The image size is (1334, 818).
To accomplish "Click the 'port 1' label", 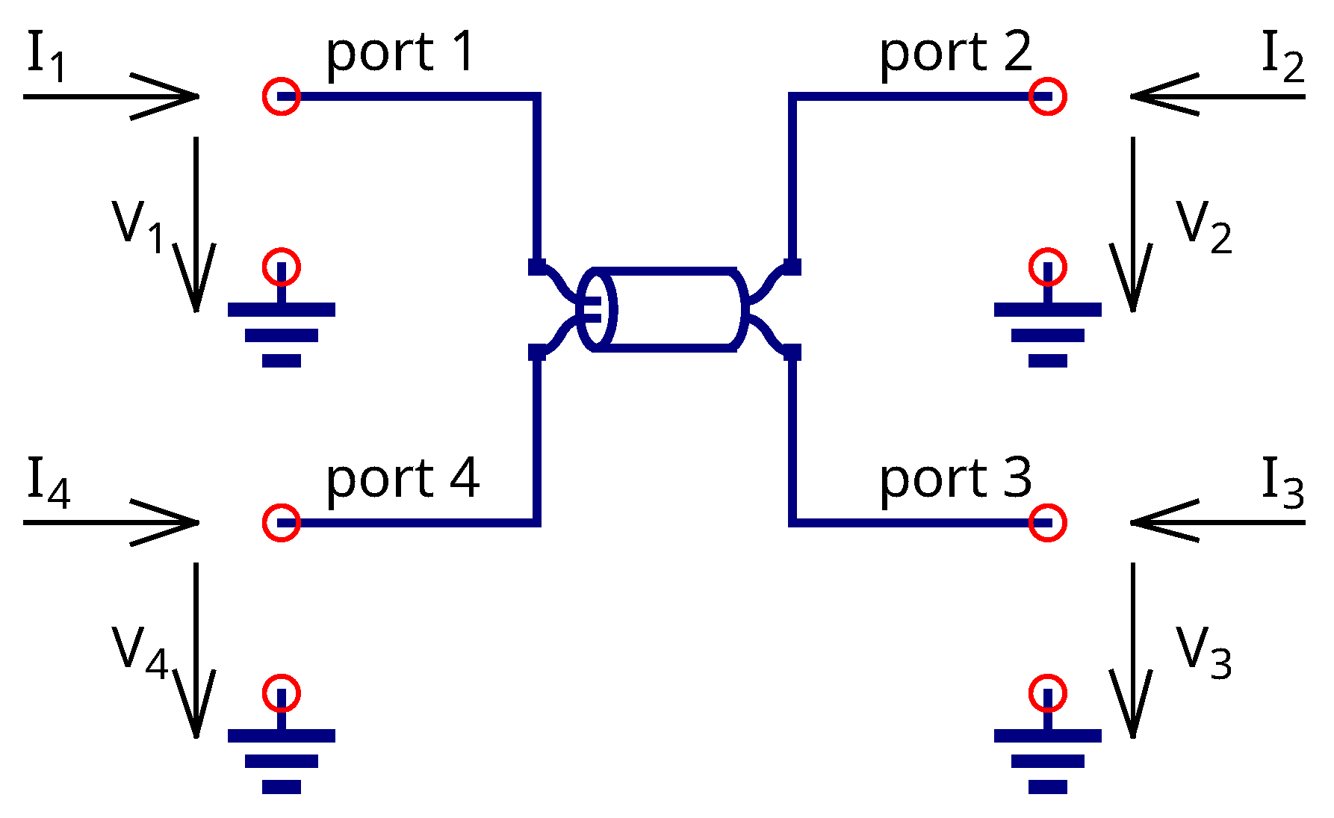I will coord(400,54).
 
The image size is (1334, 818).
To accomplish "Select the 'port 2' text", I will coord(955,54).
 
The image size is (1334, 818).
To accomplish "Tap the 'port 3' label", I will coord(955,480).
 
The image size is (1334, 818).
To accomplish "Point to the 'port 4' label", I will coord(402,480).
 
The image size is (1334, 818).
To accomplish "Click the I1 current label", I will coord(46,57).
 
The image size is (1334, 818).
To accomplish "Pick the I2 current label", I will coord(1282,57).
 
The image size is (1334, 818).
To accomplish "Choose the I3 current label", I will coord(1282,483).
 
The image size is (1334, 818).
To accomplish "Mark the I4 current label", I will coord(48,483).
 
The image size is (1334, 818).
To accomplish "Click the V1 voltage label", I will coord(138,226).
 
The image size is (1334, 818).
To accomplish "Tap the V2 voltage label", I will coord(1203,226).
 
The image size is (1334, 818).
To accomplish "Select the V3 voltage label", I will coord(1203,652).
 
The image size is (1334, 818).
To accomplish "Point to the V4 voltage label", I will coord(140,652).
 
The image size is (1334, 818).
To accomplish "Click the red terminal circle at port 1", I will coord(282,96).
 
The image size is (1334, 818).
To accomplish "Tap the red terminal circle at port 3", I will coord(1047,522).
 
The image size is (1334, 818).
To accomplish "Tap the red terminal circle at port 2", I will coord(1047,96).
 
